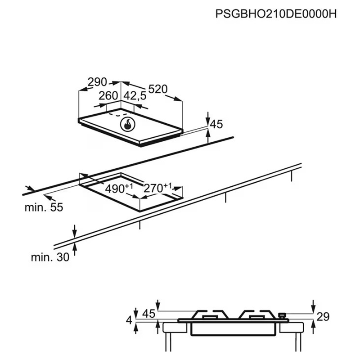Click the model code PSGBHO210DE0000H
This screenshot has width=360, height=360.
tap(276, 14)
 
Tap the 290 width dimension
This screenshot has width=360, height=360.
tap(97, 82)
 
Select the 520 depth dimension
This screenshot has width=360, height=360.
tap(158, 89)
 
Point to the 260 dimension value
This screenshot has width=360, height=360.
tap(108, 96)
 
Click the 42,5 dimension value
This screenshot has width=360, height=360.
tap(135, 96)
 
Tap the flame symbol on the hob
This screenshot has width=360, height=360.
tap(128, 125)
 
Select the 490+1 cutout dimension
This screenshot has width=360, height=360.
tap(119, 188)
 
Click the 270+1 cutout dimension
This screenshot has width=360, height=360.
tap(157, 188)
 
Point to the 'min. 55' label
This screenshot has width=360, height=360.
tap(44, 207)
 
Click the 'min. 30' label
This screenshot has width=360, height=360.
tap(50, 257)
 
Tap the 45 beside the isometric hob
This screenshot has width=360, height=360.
tap(216, 124)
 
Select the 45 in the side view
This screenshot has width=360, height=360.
tap(149, 313)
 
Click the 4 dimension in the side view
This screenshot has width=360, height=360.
tap(129, 320)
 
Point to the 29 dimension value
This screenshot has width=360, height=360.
tap(323, 317)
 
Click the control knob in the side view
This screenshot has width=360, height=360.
tap(282, 315)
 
